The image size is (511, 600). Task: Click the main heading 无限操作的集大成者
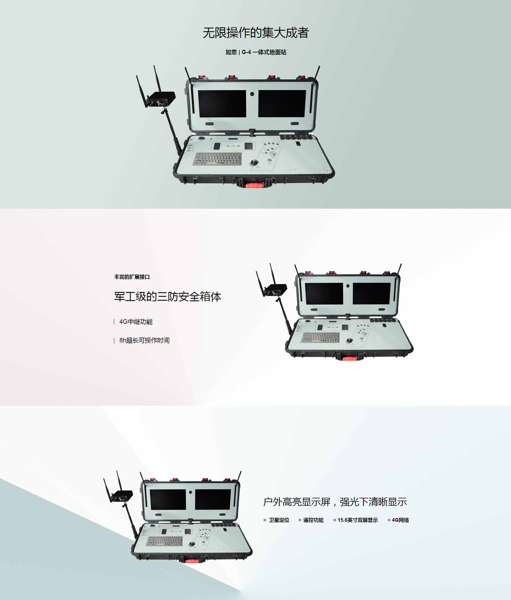coord(256,33)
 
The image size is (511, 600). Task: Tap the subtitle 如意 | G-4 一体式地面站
coord(256,52)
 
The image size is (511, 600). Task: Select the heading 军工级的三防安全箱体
coord(167,297)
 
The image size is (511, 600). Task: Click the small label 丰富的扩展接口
coord(132,277)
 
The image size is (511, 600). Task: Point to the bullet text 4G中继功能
coord(136,322)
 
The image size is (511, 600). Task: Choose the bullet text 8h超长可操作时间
coord(144,340)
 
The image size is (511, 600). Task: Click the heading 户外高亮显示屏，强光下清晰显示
coord(335,502)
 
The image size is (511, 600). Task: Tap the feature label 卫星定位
coord(279,520)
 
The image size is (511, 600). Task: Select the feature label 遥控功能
coord(313,520)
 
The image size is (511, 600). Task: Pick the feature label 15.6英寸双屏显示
coord(358,520)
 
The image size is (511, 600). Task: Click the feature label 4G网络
coord(400,520)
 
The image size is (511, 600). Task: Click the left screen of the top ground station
coord(222,104)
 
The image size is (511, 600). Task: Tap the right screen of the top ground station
coord(282,104)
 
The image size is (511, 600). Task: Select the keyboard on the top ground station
coord(217,159)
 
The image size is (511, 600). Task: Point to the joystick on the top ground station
coord(254,163)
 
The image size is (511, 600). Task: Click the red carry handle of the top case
coord(254,185)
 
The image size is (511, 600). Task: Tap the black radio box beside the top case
coord(161,99)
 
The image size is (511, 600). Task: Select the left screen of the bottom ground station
coord(168,499)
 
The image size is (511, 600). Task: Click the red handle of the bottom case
coord(192,561)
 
